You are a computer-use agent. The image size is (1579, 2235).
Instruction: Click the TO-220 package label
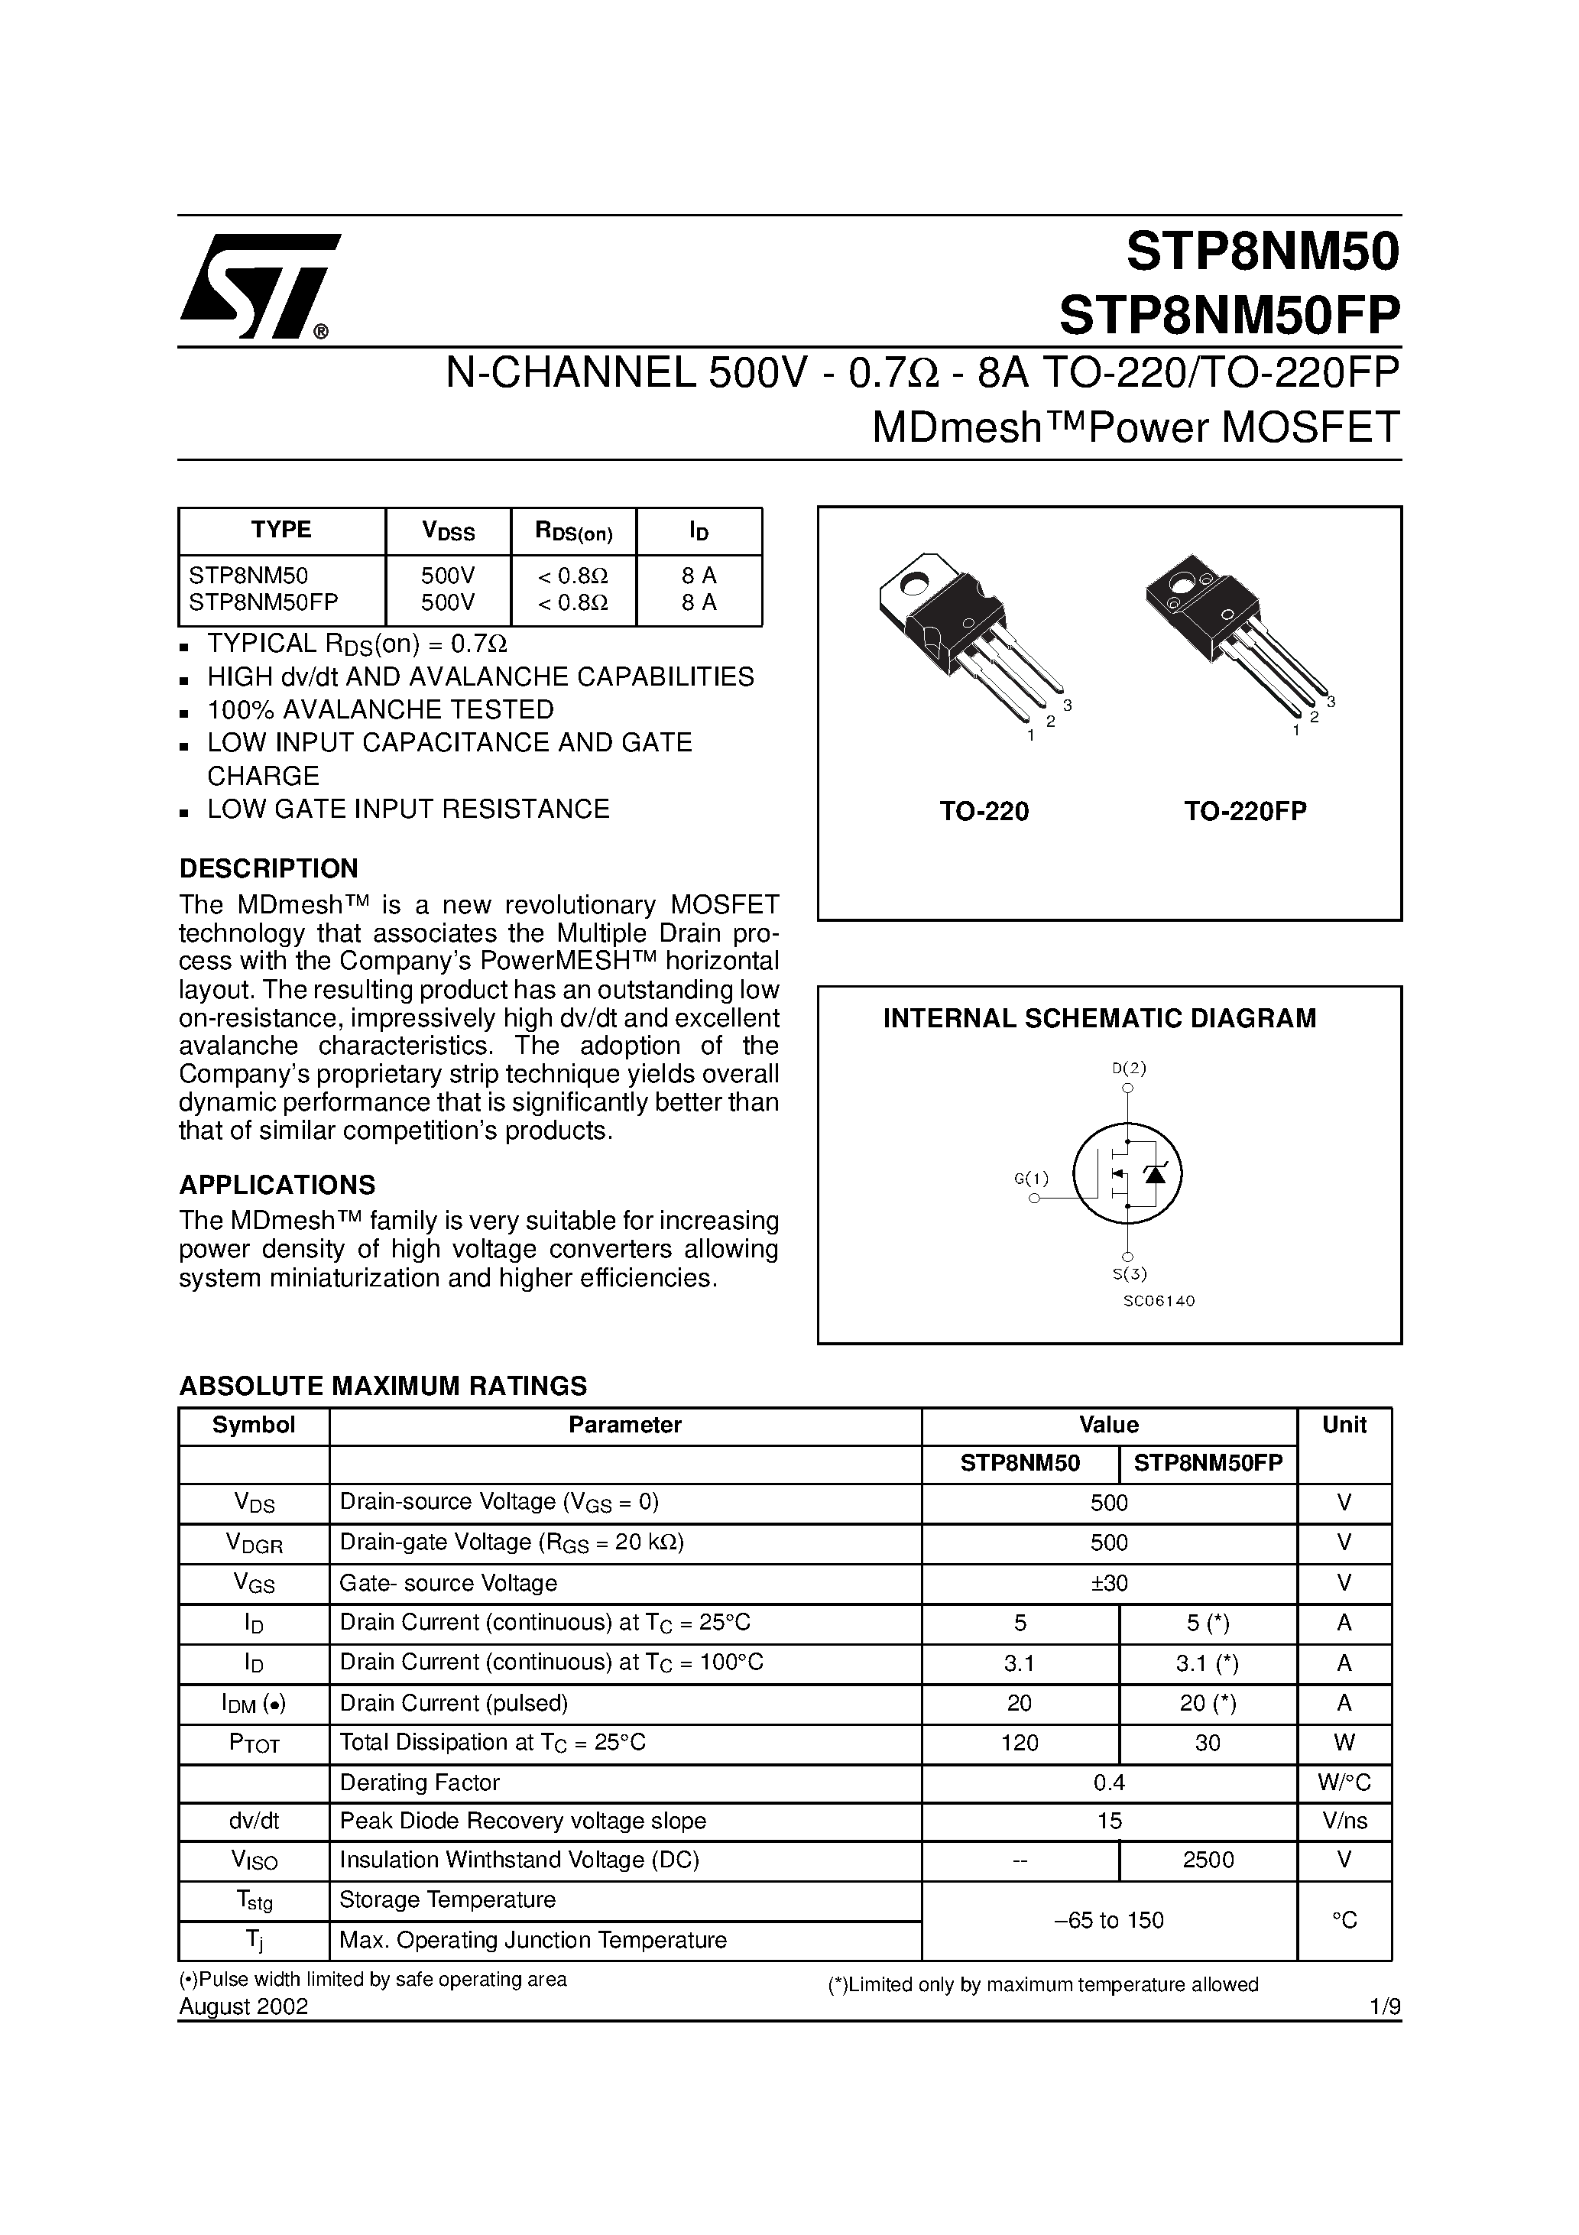coord(984,811)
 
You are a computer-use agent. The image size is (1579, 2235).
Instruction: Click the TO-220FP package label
coord(1245,811)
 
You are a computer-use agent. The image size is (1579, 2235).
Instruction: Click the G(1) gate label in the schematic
coord(1031,1179)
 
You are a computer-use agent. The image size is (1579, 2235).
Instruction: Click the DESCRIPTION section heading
coord(269,868)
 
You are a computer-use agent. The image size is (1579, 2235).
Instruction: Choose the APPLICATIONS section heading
coord(277,1185)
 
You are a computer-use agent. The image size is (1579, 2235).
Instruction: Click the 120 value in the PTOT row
coord(1020,1743)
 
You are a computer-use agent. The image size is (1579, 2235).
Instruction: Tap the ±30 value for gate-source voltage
coord(1109,1583)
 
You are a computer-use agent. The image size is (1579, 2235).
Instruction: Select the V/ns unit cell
coord(1344,1820)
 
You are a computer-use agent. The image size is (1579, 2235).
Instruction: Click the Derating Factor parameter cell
coord(420,1782)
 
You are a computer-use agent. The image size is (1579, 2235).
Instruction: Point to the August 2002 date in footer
coord(243,2006)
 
